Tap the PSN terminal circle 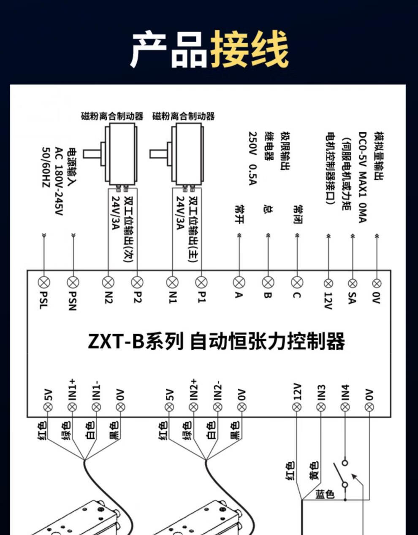[73, 282]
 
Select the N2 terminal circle [109, 282]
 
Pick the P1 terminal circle [201, 282]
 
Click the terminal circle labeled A [239, 282]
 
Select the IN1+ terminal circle [72, 407]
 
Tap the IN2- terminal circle [217, 407]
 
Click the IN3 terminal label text [322, 392]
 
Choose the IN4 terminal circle [345, 407]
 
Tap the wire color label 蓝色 [325, 494]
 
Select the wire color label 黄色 [314, 471]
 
